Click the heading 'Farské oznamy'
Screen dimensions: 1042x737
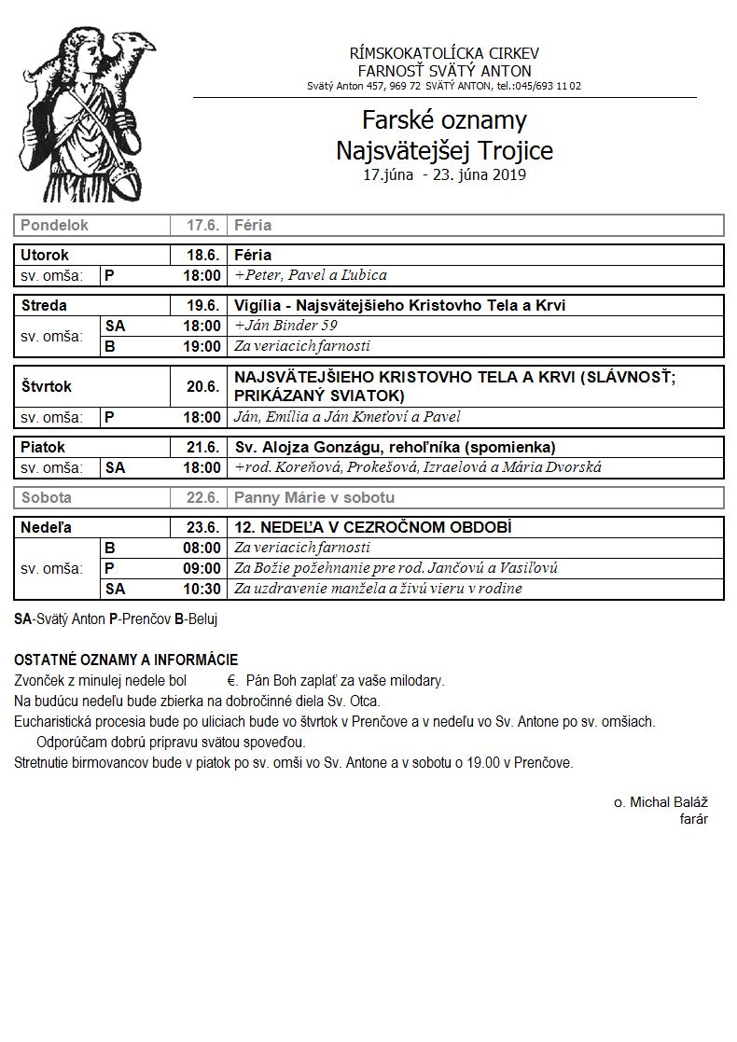tap(444, 120)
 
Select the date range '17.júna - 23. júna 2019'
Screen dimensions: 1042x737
tap(444, 174)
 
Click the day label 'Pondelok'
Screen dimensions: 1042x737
tap(54, 226)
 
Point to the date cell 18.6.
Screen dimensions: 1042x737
tap(202, 255)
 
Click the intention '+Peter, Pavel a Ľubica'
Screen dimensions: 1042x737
tap(311, 275)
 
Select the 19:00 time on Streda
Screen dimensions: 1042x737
tap(202, 346)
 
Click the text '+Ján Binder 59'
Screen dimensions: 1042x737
tap(285, 326)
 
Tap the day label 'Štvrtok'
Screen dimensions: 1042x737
tap(46, 386)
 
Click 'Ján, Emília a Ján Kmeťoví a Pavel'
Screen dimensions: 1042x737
tap(347, 417)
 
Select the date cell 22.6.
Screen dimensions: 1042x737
tap(202, 498)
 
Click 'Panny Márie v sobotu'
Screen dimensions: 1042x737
tap(314, 498)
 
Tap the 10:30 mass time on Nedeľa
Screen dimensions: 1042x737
tap(202, 589)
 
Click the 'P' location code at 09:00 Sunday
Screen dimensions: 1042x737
tap(109, 568)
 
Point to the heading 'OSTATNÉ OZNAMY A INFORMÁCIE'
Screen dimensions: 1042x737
tap(126, 660)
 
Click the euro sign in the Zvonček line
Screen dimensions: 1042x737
tap(230, 680)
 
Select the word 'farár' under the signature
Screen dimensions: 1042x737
tap(694, 819)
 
